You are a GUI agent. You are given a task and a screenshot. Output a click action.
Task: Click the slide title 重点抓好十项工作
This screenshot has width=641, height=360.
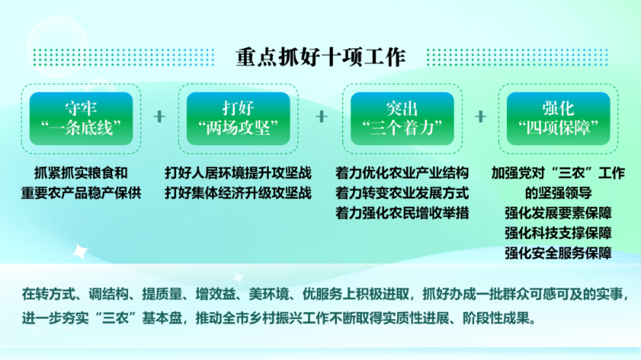tap(320, 58)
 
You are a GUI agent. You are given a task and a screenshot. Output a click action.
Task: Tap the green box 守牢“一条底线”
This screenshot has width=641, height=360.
tap(81, 119)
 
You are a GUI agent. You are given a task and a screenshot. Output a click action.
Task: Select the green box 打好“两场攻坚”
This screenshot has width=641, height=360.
tap(238, 119)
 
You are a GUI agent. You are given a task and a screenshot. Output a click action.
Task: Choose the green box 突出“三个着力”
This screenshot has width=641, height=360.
tap(402, 119)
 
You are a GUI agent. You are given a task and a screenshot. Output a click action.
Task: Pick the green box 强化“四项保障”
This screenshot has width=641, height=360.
tap(559, 119)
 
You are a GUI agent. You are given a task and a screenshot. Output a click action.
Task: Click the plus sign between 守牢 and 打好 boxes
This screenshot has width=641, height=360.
tap(160, 117)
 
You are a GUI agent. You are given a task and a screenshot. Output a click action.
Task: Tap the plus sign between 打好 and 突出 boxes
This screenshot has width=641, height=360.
tap(322, 117)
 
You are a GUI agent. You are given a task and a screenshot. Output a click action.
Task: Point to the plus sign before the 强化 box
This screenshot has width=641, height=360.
tap(481, 117)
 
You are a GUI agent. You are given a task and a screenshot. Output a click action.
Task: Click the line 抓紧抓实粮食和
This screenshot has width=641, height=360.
tap(81, 173)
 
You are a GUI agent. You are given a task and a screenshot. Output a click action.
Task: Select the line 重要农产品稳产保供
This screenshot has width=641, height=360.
tap(81, 193)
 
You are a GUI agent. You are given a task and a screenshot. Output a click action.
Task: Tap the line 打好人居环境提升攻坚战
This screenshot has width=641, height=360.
tap(238, 173)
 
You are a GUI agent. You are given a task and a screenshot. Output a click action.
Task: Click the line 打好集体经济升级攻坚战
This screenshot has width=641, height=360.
tap(238, 193)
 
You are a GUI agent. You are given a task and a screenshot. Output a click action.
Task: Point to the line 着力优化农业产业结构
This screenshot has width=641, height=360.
tap(402, 173)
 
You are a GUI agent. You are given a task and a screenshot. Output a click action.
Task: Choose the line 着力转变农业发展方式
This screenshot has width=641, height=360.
tap(402, 193)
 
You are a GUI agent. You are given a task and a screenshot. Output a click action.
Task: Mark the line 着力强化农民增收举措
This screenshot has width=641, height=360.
tap(402, 213)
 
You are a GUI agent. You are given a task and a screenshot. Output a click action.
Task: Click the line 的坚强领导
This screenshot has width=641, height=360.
tap(559, 193)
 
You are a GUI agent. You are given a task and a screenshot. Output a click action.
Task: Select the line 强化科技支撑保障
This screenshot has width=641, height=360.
tap(559, 233)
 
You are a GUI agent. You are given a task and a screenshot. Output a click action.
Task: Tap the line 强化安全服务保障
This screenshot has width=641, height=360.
tap(559, 253)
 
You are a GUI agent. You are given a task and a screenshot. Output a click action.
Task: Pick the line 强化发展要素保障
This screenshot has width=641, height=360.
tap(559, 213)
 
